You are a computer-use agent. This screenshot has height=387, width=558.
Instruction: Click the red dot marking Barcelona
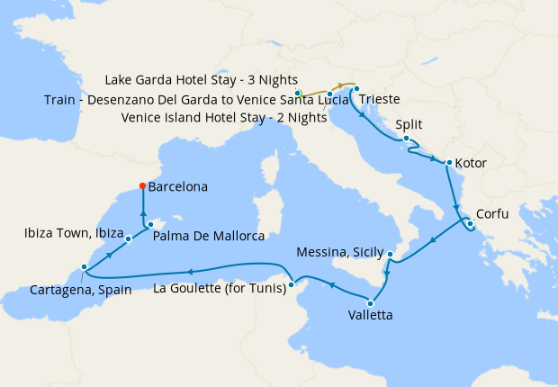(x=142, y=186)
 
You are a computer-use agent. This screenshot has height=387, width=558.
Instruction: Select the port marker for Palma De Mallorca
(x=150, y=224)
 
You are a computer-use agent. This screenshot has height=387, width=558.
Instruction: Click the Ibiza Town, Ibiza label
(x=71, y=233)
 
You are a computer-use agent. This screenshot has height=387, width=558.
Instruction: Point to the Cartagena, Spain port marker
(x=84, y=266)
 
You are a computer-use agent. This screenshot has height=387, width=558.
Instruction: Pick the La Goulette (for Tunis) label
(x=220, y=288)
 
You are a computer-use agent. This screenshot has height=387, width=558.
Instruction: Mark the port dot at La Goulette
(x=291, y=287)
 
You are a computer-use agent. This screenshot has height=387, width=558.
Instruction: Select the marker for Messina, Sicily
(x=389, y=255)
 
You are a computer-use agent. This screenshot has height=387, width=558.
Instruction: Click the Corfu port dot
(x=469, y=223)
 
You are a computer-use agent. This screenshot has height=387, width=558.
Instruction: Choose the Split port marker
(x=407, y=138)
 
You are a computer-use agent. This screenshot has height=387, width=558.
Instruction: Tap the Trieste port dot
(x=357, y=88)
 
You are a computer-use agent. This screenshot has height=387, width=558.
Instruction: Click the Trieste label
(x=383, y=98)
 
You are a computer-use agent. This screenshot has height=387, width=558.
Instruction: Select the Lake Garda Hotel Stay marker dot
(x=298, y=91)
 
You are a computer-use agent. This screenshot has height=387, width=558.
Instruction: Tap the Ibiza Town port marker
(x=129, y=238)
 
